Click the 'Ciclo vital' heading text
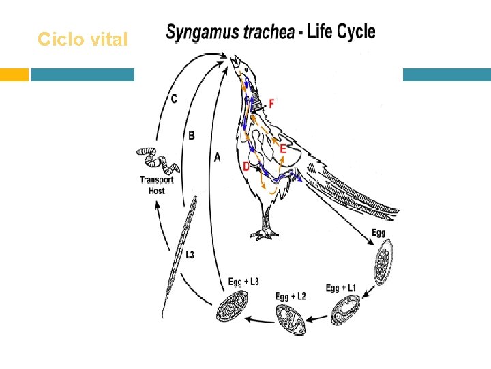coord(83,40)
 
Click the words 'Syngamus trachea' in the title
coord(230,32)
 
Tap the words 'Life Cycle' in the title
coord(340,31)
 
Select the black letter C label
coord(174,99)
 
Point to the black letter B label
coord(192,136)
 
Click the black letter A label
coord(218,158)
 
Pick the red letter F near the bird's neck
coord(271,103)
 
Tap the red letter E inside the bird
coord(282,148)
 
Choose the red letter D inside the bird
coord(246,166)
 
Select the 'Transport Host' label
coord(157,185)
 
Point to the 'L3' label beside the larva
coord(190,255)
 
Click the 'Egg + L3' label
coord(243,282)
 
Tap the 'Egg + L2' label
coord(291,296)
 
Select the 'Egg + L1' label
coord(341,288)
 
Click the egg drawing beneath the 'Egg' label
coord(383,264)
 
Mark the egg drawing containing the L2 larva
coord(291,318)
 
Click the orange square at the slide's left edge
coord(14,74)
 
